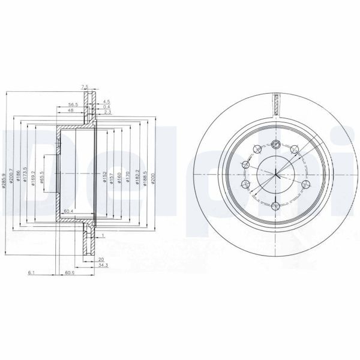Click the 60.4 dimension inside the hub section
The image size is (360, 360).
click(x=68, y=211)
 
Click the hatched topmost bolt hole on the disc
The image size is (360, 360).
click(x=275, y=143)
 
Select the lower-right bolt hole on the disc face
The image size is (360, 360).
click(x=305, y=184)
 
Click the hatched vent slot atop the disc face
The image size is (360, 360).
click(x=276, y=103)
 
